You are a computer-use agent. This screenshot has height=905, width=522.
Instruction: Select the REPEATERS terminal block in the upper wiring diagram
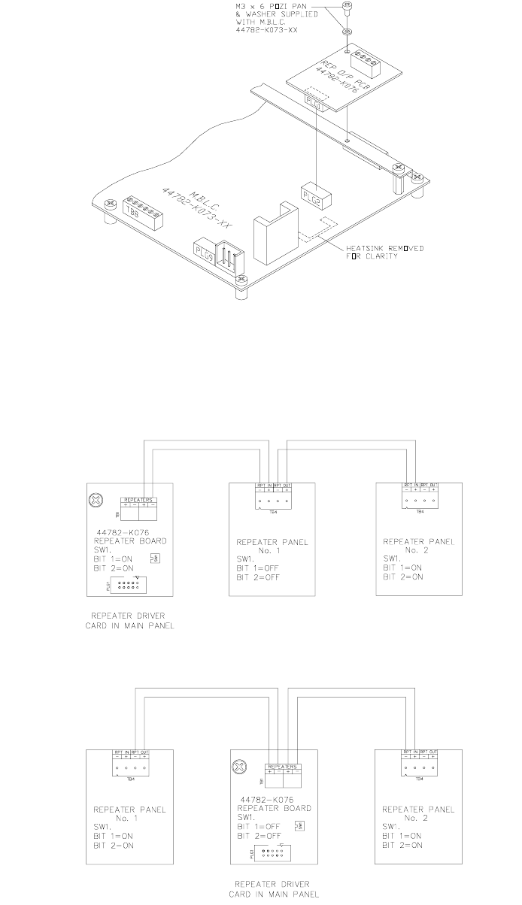pos(140,503)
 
